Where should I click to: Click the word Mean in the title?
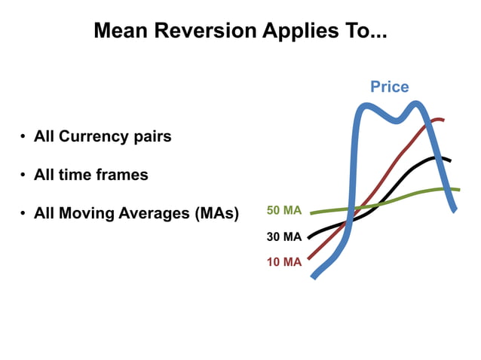[x=118, y=31]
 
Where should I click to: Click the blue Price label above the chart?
[x=389, y=87]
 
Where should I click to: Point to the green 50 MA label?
[x=284, y=210]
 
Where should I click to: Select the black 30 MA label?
[x=284, y=236]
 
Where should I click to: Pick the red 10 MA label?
[x=284, y=262]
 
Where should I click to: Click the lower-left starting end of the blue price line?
[x=314, y=276]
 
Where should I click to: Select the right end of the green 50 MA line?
[x=458, y=190]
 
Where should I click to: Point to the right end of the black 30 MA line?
[x=449, y=160]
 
